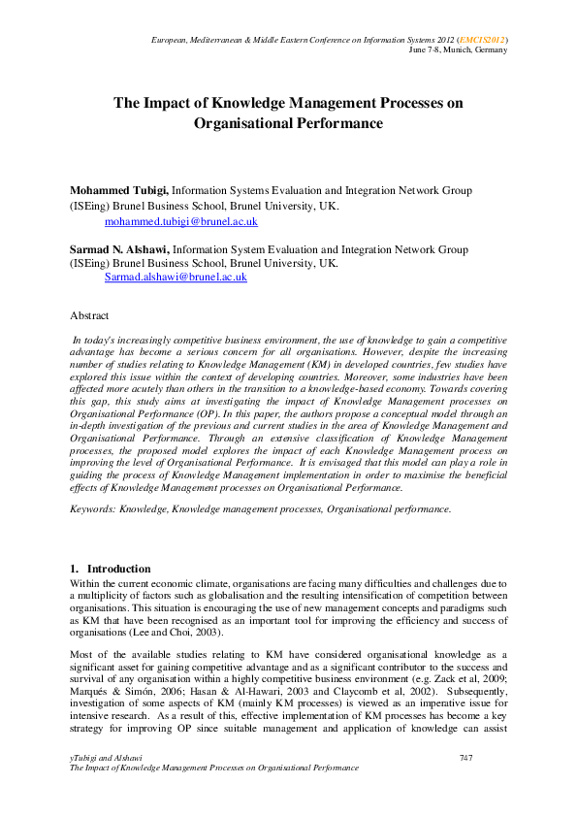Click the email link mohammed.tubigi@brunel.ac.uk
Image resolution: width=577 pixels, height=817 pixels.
[x=180, y=222]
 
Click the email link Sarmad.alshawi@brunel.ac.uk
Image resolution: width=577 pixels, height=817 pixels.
[x=176, y=277]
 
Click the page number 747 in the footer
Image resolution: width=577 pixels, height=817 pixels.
[x=465, y=756]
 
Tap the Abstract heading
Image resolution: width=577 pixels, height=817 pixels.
[x=89, y=315]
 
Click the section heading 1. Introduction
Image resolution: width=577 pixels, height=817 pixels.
[x=110, y=568]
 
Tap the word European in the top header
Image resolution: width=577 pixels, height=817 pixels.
[x=174, y=39]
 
